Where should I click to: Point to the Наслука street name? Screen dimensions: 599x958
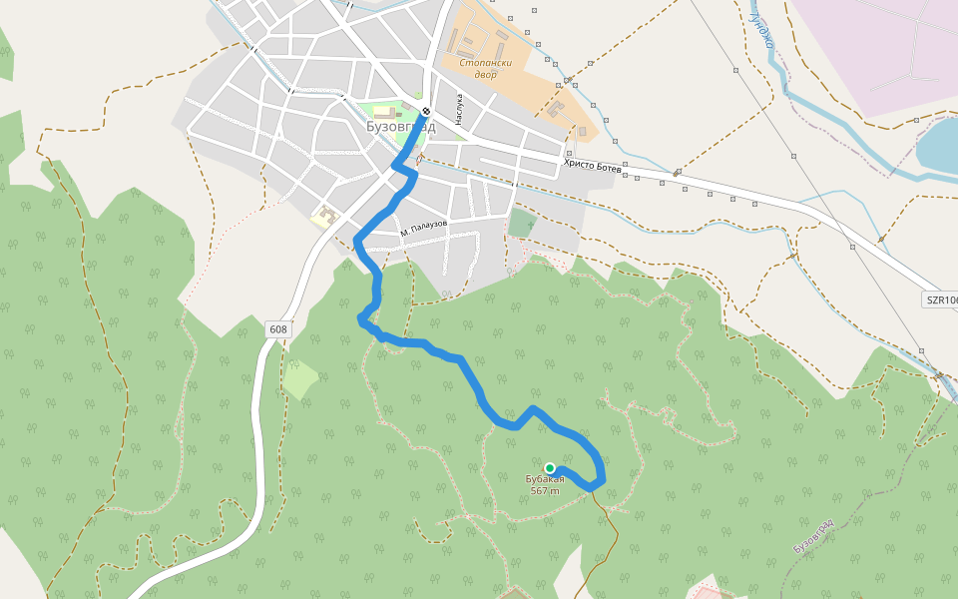point(460,107)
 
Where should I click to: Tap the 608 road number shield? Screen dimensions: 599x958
point(277,328)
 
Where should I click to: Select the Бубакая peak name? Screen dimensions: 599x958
point(545,480)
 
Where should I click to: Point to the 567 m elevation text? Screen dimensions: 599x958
point(545,490)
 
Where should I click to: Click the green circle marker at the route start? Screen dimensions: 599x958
point(549,467)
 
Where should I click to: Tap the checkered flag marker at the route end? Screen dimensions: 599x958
point(426,111)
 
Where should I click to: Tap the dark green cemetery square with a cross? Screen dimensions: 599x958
point(521,222)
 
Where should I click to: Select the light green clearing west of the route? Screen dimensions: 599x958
point(299,379)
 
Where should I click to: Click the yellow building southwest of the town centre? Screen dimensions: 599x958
point(325,216)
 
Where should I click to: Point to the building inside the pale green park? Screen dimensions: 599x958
point(386,112)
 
